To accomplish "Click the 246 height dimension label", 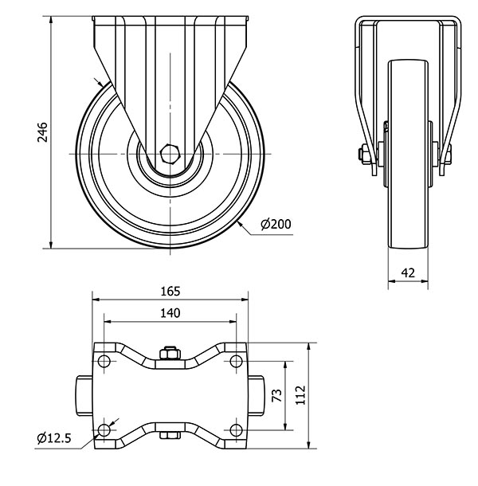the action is tap(42, 132).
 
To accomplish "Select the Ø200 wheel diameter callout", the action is tap(276, 224).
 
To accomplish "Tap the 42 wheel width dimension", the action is tap(408, 273).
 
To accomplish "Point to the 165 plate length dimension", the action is tap(170, 292).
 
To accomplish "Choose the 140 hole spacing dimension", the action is tap(170, 313).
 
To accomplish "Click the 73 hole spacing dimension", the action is tap(276, 395).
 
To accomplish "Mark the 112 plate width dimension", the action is tap(300, 395).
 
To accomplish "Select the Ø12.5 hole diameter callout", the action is tap(54, 438).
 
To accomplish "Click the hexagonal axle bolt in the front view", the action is tap(169, 154).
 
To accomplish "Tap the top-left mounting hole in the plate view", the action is tap(104, 361).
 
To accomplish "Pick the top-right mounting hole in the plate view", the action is tap(236, 361).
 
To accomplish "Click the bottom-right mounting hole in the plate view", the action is tap(236, 430).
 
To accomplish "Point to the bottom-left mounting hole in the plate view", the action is tap(104, 430).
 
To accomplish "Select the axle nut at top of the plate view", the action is tap(170, 353).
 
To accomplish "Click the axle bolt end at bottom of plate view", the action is tap(170, 435).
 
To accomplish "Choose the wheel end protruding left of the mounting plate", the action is tap(84, 396).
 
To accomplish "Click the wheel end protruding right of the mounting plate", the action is tap(256, 396).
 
